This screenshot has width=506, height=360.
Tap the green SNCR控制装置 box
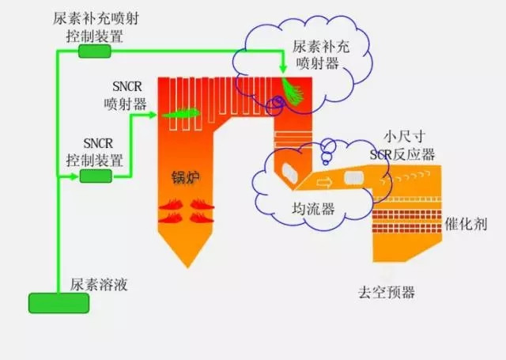pyautogui.click(x=96, y=176)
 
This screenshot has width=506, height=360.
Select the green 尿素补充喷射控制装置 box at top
pyautogui.click(x=95, y=51)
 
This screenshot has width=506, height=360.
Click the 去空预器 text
pyautogui.click(x=387, y=294)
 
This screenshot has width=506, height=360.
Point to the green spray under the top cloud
pyautogui.click(x=293, y=91)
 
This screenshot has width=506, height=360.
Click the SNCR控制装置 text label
pyautogui.click(x=96, y=152)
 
